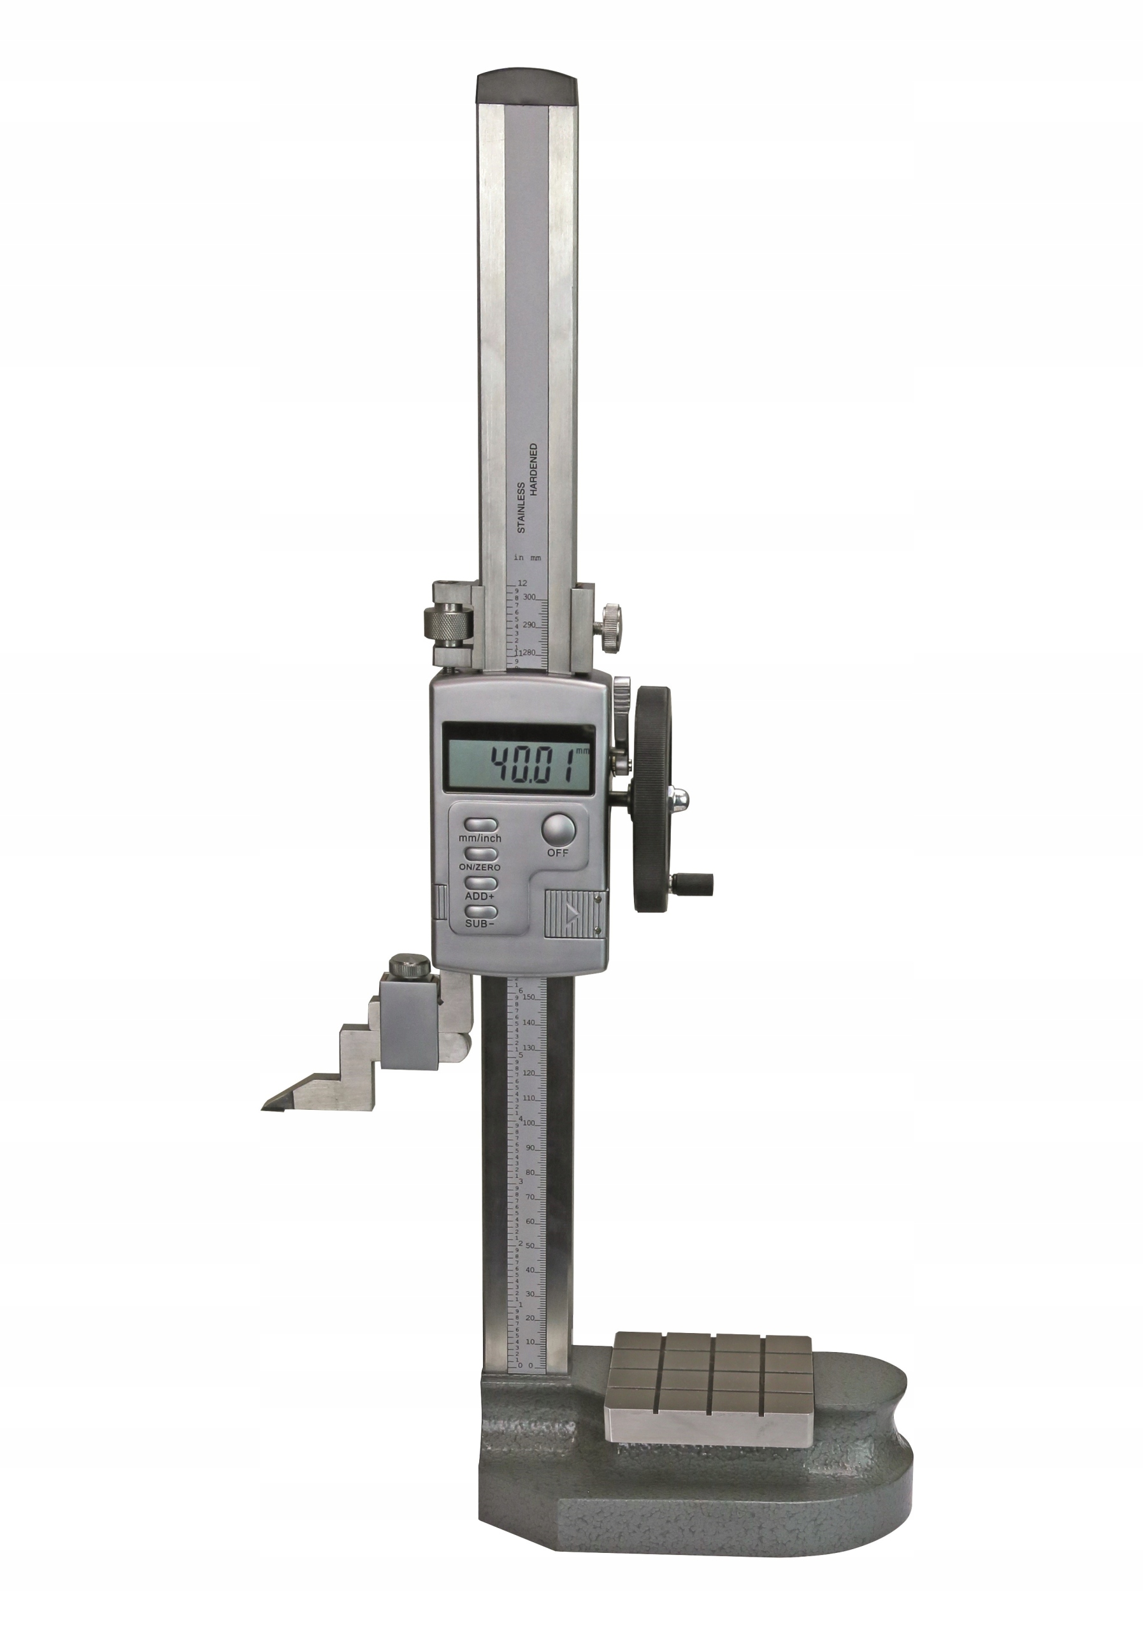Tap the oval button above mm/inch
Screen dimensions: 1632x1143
(x=480, y=825)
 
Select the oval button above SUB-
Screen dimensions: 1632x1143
(x=480, y=911)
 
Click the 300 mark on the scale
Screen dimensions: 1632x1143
(x=529, y=597)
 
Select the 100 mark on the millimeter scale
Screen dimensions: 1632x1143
(x=529, y=1123)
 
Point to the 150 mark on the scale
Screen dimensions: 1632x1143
(x=529, y=997)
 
